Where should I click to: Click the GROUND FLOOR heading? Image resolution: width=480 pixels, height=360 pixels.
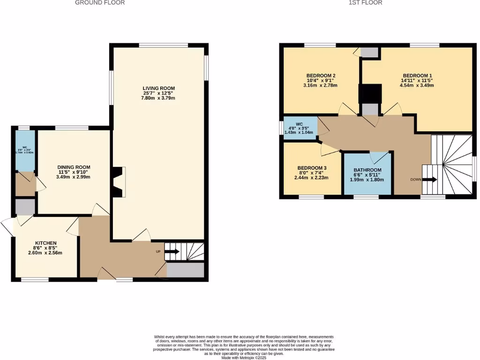100,3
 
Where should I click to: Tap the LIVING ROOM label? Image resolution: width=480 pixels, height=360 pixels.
159,88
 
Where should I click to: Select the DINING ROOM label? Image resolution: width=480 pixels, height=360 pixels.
74,167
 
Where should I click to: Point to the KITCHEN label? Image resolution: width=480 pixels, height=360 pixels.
45,243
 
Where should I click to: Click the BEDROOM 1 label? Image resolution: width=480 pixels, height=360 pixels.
417,75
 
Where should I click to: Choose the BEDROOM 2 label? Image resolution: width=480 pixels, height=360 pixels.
320,75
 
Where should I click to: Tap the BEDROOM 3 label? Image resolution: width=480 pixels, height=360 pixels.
312,168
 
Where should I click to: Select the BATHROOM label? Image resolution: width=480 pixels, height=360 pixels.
367,170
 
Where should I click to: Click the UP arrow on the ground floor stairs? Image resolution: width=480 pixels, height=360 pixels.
172,252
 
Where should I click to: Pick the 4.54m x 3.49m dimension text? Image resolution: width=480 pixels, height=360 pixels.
417,85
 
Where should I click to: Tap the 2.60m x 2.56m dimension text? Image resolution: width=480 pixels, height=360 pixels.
45,253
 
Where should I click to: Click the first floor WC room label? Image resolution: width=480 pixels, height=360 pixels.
299,125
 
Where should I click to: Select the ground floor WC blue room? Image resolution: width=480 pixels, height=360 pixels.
24,150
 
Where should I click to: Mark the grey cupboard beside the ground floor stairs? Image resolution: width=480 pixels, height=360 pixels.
186,270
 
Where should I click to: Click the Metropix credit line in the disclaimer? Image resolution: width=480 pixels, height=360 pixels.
244,358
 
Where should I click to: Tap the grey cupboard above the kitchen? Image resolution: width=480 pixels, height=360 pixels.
24,207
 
